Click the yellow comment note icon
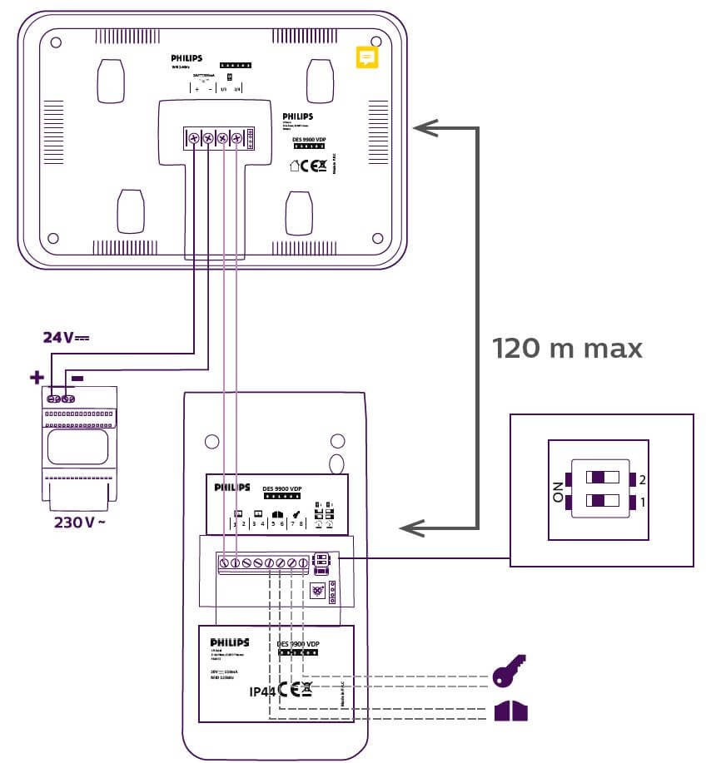tap(367, 57)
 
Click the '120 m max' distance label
tap(567, 348)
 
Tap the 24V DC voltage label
tap(66, 337)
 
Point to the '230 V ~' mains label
tap(79, 523)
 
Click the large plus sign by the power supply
tap(37, 377)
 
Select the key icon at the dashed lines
tap(510, 672)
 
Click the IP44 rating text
tap(262, 691)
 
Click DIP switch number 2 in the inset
tap(604, 478)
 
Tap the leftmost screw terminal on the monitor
tap(193, 138)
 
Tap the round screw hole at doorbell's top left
tap(211, 442)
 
